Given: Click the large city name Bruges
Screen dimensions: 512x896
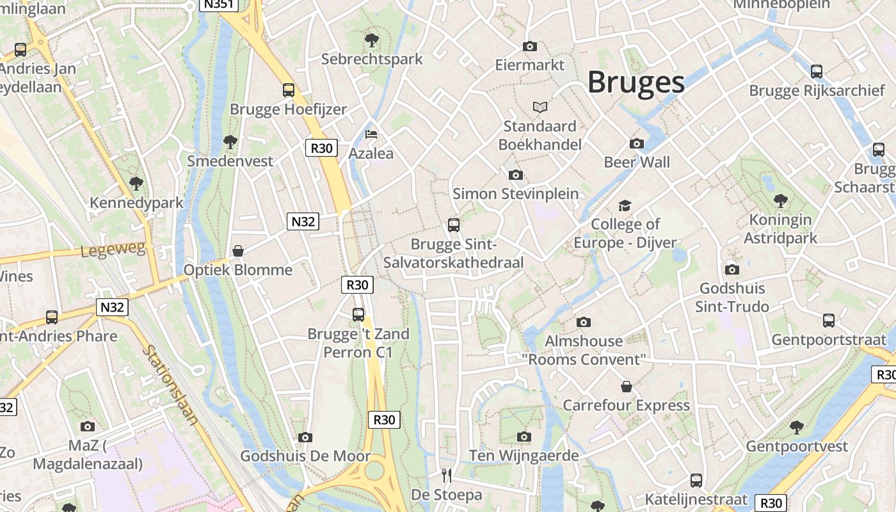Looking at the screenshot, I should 636,83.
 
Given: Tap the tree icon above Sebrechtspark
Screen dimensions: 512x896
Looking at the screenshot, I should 371,40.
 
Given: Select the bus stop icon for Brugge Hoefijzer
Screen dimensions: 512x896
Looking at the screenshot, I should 289,90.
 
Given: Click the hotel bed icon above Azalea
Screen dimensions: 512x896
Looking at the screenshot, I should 371,134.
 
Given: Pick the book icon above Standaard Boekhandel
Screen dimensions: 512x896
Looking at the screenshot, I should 540,107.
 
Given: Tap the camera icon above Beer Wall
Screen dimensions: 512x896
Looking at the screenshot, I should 637,143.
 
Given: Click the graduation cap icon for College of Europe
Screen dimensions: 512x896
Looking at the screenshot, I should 625,205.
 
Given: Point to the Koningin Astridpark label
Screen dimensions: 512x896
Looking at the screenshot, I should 780,228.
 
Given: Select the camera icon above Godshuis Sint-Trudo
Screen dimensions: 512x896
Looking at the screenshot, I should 732,269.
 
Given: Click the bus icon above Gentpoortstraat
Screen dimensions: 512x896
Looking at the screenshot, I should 829,321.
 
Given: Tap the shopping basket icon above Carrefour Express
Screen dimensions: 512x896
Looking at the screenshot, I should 627,387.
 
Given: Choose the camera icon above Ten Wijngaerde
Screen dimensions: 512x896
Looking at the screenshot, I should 524,436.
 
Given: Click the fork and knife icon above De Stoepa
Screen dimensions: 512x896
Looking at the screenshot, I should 447,476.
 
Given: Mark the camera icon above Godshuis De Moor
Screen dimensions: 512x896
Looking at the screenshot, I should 305,437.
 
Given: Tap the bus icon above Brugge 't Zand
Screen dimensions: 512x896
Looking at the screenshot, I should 358,315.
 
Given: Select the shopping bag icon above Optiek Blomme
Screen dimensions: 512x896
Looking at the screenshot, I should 238,251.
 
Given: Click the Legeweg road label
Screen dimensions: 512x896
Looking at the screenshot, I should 113,249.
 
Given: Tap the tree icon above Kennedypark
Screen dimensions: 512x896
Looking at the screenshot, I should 136,184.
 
